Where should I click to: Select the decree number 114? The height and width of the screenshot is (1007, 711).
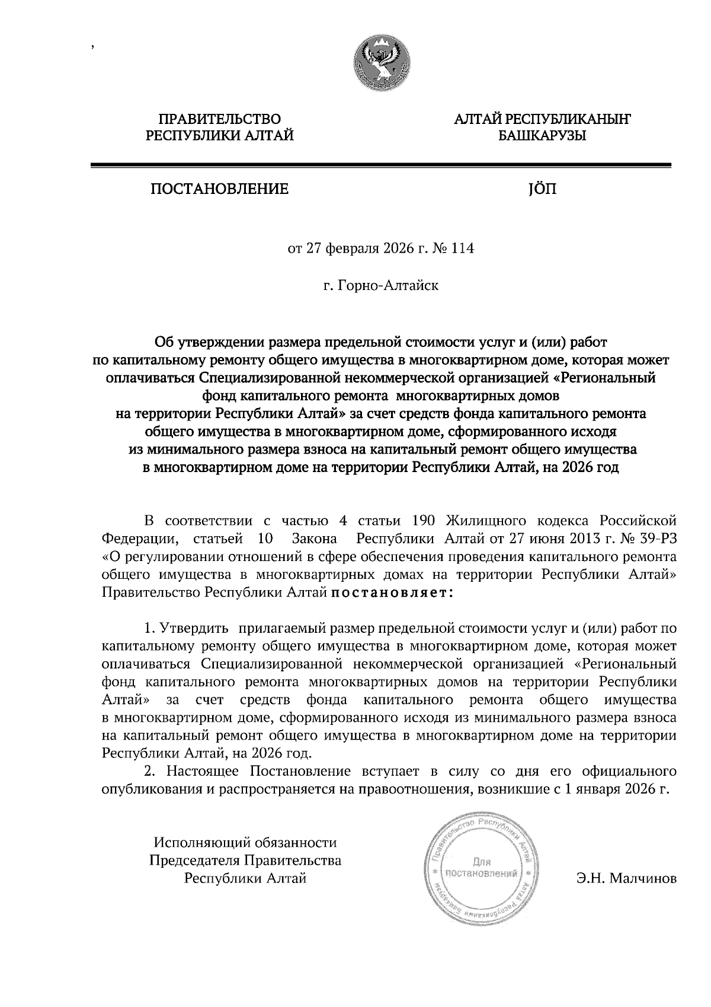[x=463, y=248]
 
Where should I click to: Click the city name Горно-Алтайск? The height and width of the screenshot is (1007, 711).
[x=388, y=286]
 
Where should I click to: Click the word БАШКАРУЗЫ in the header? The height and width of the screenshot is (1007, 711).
[x=542, y=136]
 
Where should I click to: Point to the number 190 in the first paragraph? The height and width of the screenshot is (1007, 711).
[x=423, y=521]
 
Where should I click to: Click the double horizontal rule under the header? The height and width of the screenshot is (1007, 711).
[x=380, y=165]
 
